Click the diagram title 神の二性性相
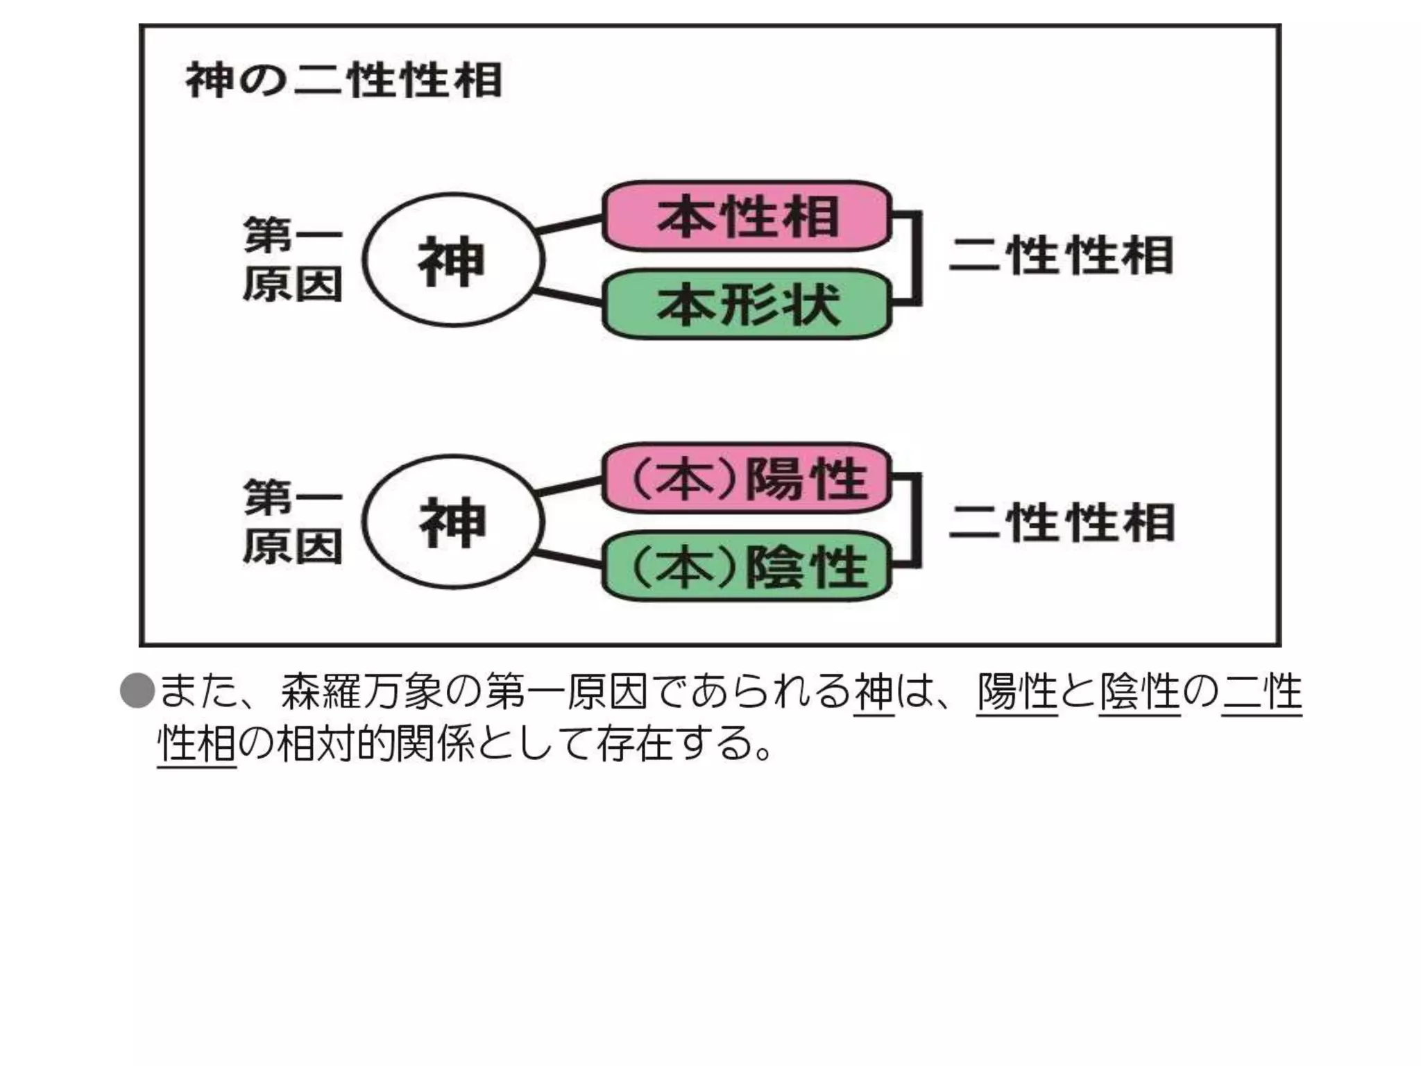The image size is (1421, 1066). point(343,80)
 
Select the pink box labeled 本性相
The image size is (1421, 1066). point(747,216)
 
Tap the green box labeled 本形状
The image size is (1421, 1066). point(747,304)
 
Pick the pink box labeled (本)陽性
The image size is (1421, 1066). point(747,478)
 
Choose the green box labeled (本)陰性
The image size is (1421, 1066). point(747,566)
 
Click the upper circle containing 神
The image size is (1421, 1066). point(453,260)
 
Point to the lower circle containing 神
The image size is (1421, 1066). point(453,522)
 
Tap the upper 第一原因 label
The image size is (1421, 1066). point(293,260)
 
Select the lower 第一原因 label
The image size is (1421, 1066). point(293,522)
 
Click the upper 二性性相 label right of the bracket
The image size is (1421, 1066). point(1062,255)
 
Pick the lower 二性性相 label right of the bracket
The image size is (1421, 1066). point(1062,523)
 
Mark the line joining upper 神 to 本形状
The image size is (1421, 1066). point(570,296)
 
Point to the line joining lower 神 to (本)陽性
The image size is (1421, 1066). point(570,486)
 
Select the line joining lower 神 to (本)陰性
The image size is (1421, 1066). point(570,559)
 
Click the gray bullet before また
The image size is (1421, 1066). point(137,691)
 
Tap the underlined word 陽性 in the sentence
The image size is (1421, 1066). point(1016,692)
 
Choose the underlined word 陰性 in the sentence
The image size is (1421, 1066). point(1139,692)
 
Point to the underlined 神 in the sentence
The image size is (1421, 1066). point(874,692)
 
